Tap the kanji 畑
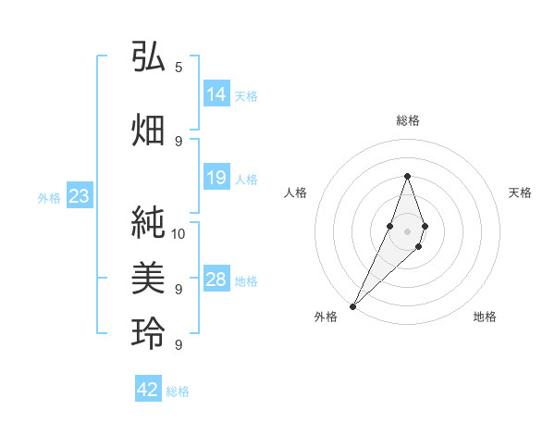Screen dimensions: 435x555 coord(148,130)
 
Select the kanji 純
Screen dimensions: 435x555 coord(148,223)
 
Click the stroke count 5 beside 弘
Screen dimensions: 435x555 coord(179,67)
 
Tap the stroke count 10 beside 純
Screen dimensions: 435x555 coord(179,233)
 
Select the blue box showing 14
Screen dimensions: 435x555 coord(216,94)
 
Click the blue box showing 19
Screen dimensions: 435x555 coord(216,178)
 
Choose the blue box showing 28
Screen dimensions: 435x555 coord(216,280)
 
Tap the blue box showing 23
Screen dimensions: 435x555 coord(79,196)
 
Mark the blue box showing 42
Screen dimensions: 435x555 coord(148,390)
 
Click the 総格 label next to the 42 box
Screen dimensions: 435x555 coord(178,391)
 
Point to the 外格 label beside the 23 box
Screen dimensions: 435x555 coord(49,197)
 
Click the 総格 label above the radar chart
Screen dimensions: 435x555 coord(408,120)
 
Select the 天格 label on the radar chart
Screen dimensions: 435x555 coord(521,193)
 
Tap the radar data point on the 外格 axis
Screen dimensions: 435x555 coord(353,305)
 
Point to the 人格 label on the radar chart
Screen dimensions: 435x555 coord(296,193)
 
